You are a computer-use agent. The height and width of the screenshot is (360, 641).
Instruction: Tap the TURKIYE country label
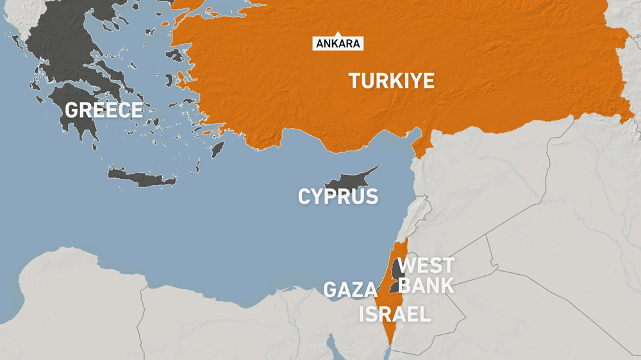pos(391,81)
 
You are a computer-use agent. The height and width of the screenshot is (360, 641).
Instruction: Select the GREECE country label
pos(103,110)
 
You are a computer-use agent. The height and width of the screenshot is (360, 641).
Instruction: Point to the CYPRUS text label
pos(338,196)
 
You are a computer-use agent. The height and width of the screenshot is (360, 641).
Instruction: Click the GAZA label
pos(350,290)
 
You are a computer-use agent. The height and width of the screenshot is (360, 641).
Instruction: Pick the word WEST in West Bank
pos(426,265)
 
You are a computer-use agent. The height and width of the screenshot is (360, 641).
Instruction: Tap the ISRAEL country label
pos(394,314)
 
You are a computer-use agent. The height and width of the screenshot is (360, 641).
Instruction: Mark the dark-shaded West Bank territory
pos(399,272)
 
